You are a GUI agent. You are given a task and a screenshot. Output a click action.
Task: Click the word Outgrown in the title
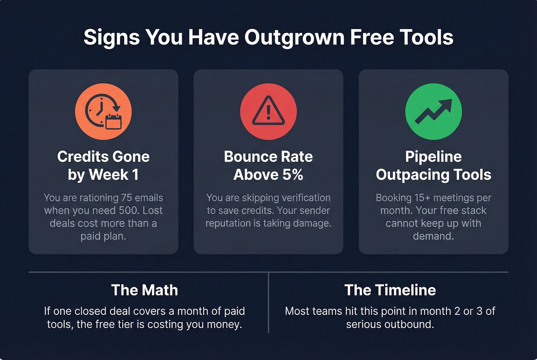294,38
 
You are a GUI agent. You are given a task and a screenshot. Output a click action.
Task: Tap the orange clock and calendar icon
103,112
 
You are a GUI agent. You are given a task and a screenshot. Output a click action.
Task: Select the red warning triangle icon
268,112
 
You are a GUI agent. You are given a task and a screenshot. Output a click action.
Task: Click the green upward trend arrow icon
433,112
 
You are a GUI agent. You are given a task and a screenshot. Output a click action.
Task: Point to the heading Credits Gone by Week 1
103,165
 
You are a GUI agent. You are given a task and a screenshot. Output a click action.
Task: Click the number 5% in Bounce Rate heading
293,175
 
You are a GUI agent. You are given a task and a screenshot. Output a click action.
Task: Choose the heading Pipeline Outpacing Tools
433,165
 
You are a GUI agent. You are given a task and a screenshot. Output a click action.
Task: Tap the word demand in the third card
433,236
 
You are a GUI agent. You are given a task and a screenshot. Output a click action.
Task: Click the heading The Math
144,290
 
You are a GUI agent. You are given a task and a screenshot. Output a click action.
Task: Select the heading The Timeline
390,290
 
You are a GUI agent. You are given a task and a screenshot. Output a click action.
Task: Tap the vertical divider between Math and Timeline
268,303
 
